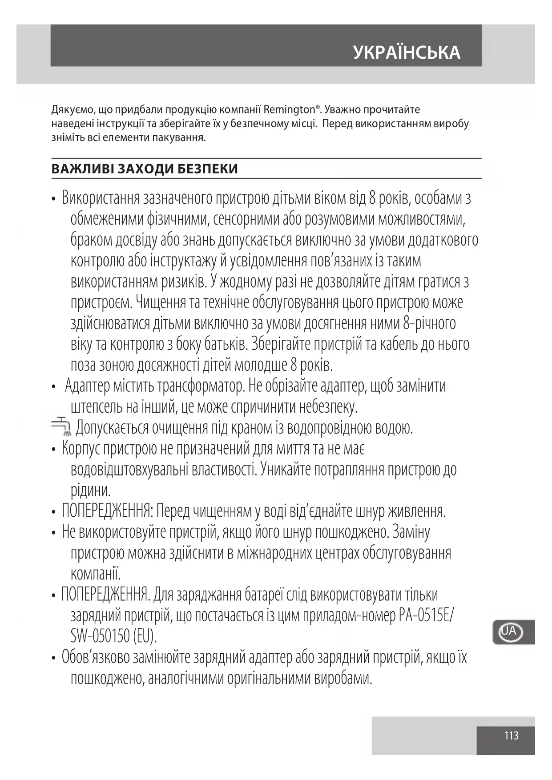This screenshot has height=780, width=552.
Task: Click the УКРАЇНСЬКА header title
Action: pos(407,52)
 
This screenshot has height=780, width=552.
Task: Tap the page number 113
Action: pos(511,736)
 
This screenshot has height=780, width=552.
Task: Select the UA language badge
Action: pos(510,631)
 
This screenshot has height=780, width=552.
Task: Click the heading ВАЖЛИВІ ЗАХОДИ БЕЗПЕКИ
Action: pos(145,169)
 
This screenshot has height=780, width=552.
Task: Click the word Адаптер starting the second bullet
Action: pos(87,386)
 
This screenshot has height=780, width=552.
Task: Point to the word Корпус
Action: pos(81,449)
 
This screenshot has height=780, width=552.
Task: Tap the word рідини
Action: pos(90,491)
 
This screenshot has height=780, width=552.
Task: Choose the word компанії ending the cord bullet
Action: pos(95,574)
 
